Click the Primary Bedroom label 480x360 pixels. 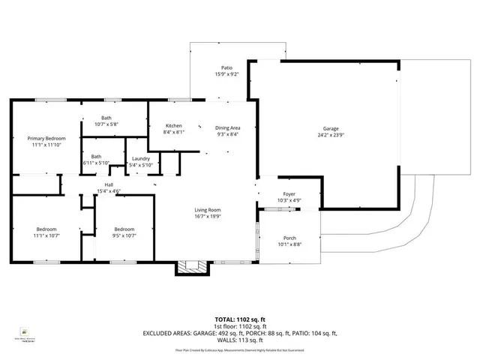(x=46, y=139)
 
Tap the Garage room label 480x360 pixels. (x=331, y=128)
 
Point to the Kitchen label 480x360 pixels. (x=173, y=125)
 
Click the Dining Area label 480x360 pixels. (x=228, y=128)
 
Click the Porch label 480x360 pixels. (x=289, y=238)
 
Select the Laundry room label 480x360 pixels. (x=141, y=158)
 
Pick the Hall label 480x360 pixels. (x=109, y=185)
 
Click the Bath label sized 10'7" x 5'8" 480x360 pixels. (x=107, y=118)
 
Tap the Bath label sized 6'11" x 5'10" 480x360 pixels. (x=96, y=156)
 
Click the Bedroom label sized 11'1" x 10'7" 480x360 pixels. (x=46, y=229)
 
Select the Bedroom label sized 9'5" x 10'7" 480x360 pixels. (x=124, y=229)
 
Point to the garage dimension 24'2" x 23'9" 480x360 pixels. (x=331, y=136)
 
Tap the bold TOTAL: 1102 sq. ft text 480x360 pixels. (x=239, y=319)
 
